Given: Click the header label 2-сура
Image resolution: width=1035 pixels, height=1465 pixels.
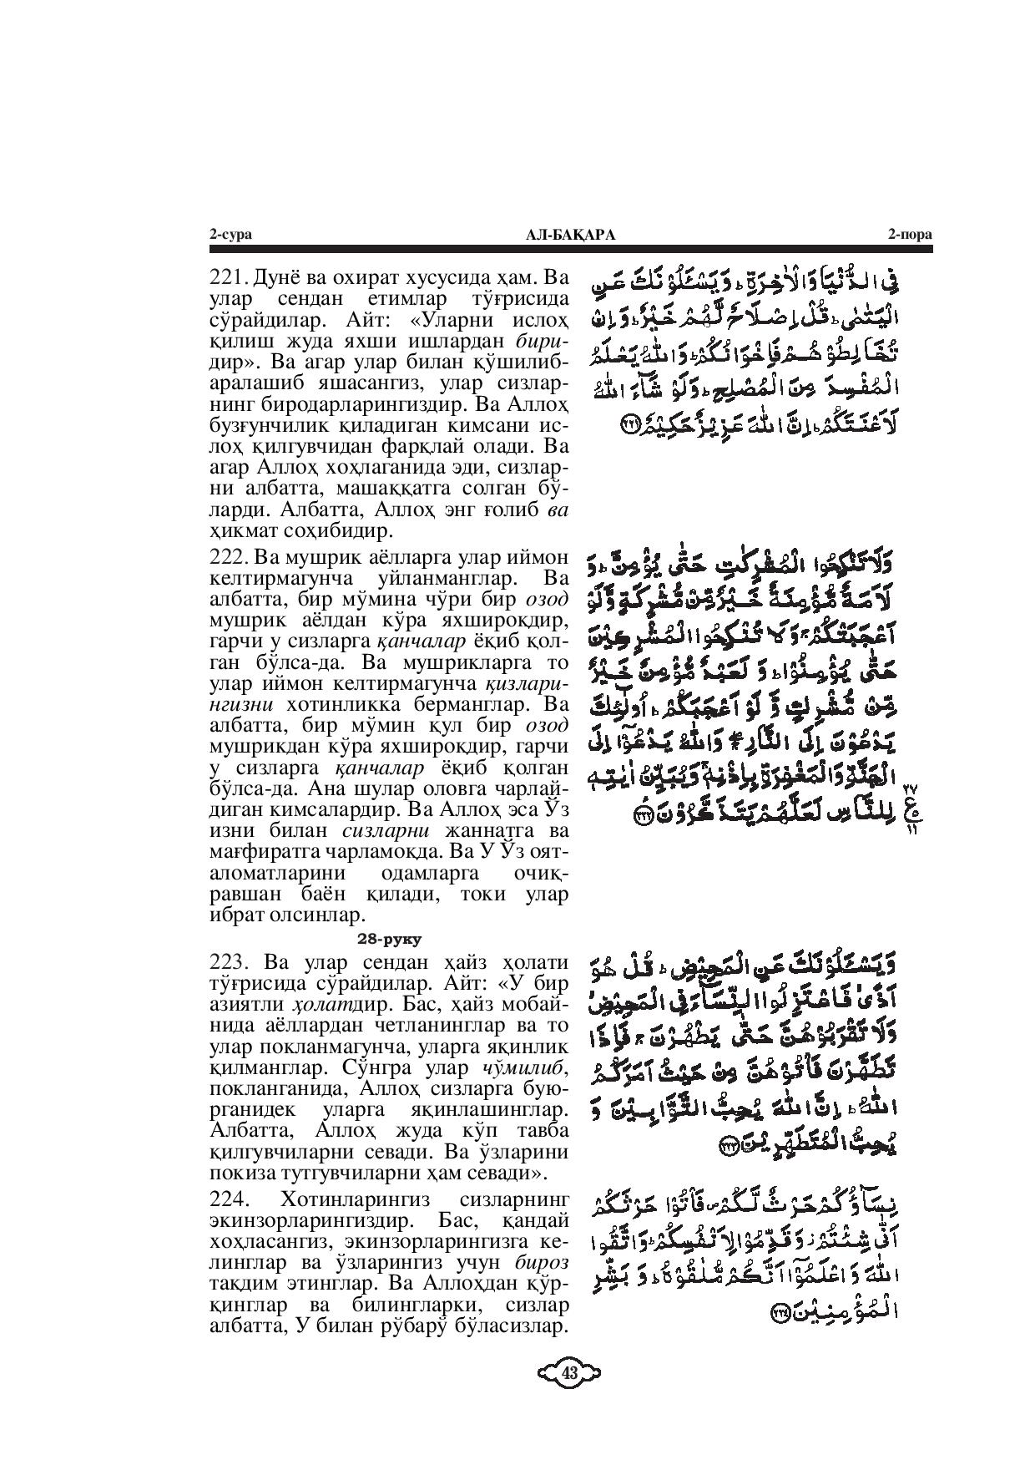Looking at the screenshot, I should [x=230, y=236].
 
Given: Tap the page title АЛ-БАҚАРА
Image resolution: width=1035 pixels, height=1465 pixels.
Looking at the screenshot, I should [x=571, y=236].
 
